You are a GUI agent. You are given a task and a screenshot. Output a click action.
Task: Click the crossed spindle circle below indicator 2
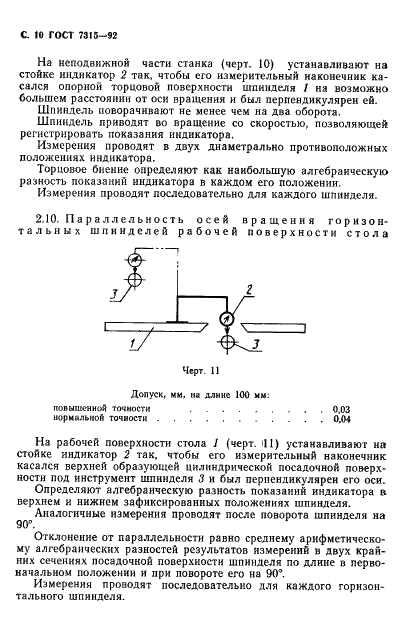pyautogui.click(x=229, y=343)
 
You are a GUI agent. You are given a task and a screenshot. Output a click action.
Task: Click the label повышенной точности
pyautogui.click(x=106, y=409)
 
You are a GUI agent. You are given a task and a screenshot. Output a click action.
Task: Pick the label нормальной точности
pyautogui.click(x=104, y=420)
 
